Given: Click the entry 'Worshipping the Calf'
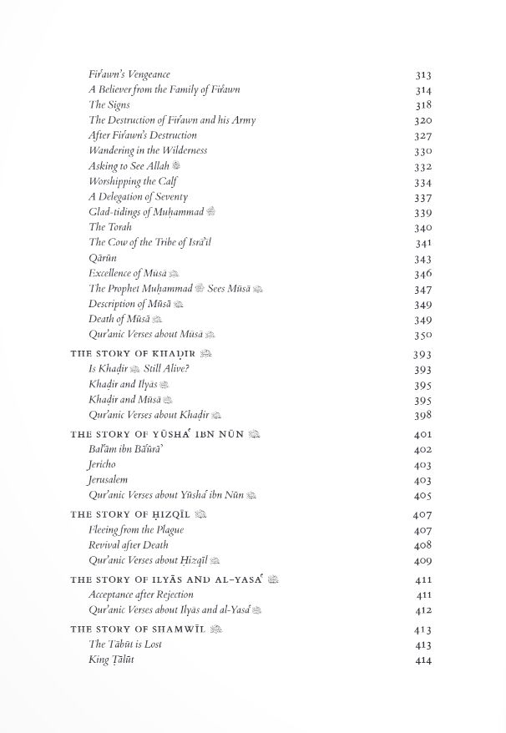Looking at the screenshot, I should pos(133,181).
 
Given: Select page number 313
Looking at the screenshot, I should pos(423,75).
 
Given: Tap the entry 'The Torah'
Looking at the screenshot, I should pos(109,226).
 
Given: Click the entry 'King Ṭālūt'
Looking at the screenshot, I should pos(111,660).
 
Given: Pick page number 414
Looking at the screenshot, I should pos(423,660).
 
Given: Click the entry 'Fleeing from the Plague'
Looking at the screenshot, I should pos(136,529).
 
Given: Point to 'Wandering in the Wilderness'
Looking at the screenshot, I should pos(148,150).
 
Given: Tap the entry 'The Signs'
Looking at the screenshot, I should pos(109,105).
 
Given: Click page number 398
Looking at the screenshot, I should pos(423,415).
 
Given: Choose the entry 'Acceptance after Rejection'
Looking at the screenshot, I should pos(140,594).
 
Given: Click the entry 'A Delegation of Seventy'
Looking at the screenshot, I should pos(133,196).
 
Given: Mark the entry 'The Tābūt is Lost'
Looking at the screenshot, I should pos(124,645).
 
